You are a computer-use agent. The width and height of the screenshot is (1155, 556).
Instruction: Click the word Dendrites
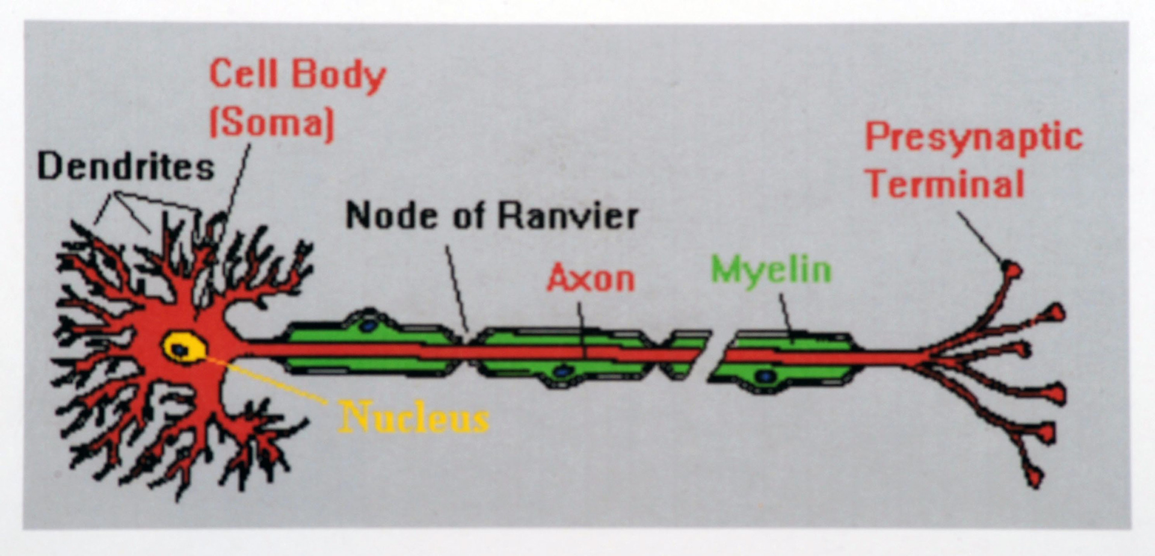click(125, 167)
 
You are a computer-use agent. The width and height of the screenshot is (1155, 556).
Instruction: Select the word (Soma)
click(271, 123)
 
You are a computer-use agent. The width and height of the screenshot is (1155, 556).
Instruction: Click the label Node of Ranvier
click(491, 215)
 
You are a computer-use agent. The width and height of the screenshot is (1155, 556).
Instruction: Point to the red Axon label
click(591, 279)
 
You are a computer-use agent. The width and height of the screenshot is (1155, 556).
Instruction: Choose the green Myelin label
click(771, 270)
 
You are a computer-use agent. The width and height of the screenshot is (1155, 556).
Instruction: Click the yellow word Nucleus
click(414, 416)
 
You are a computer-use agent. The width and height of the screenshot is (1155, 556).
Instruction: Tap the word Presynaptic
click(973, 137)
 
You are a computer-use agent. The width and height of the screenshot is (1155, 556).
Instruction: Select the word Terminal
click(946, 184)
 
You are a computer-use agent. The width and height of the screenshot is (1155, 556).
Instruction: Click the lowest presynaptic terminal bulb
click(1035, 477)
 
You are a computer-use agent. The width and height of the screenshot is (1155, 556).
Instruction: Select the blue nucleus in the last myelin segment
click(765, 376)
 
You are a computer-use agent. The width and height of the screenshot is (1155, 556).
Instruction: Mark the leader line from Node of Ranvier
click(457, 289)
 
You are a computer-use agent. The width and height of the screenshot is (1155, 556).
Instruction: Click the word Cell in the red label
click(243, 74)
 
